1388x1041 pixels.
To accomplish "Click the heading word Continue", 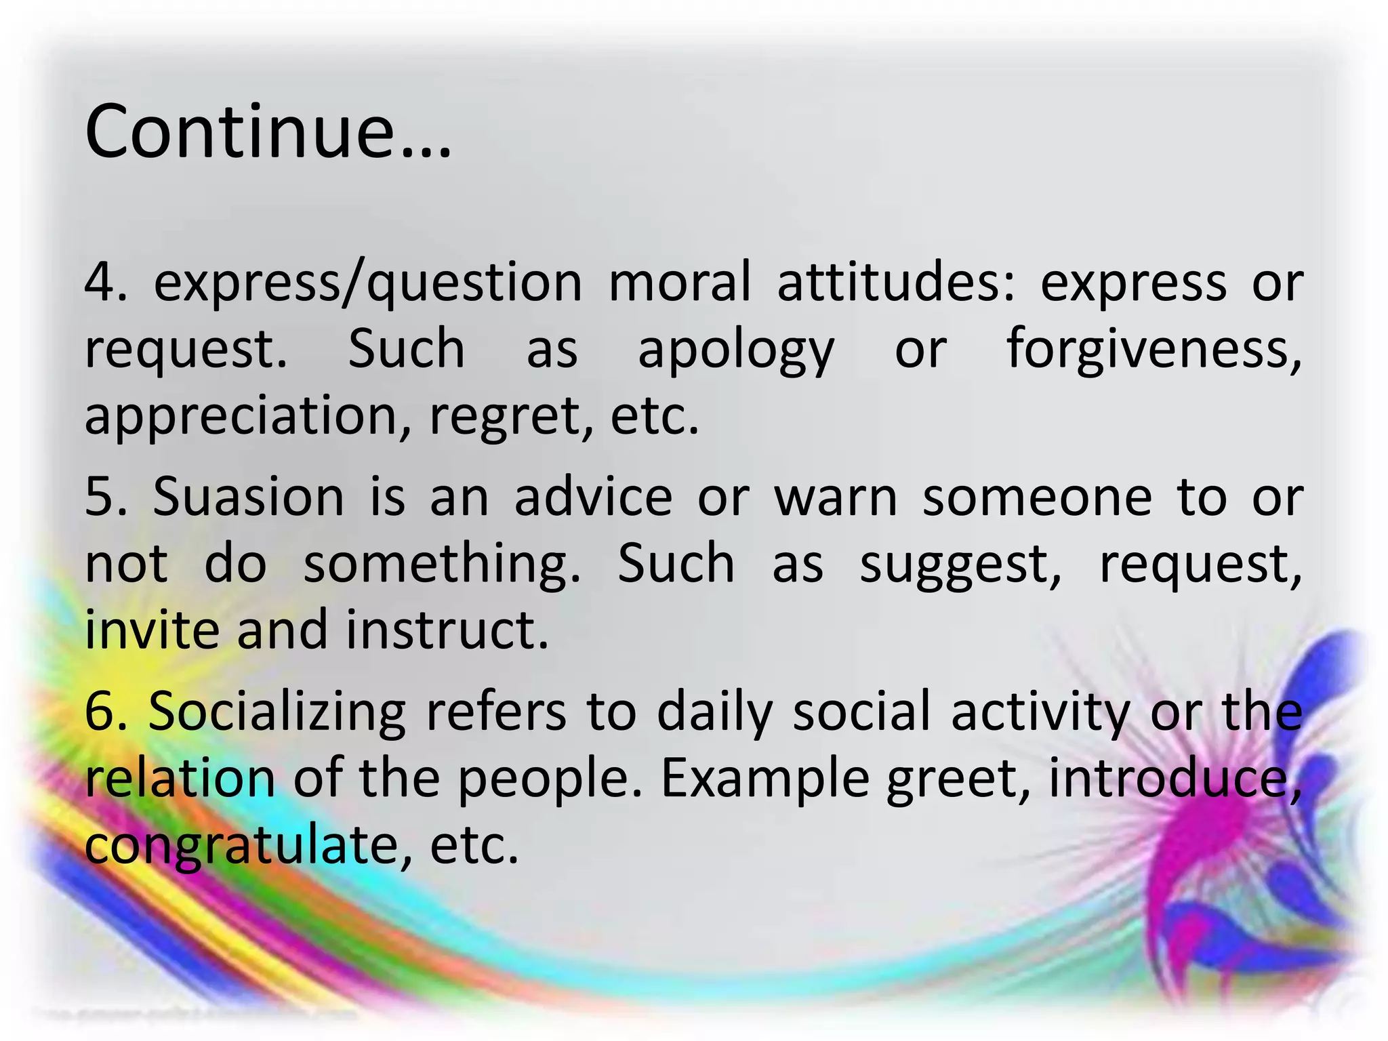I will point(268,131).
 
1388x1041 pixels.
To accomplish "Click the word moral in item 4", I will point(680,282).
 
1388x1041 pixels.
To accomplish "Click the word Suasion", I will point(249,497).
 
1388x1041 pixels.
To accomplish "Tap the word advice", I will point(593,497).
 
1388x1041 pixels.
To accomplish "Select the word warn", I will point(836,497).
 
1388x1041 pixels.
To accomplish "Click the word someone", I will point(1037,497).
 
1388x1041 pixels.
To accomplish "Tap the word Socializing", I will point(277,713).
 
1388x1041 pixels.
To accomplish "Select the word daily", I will point(714,713).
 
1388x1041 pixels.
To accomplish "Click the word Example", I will point(764,779).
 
